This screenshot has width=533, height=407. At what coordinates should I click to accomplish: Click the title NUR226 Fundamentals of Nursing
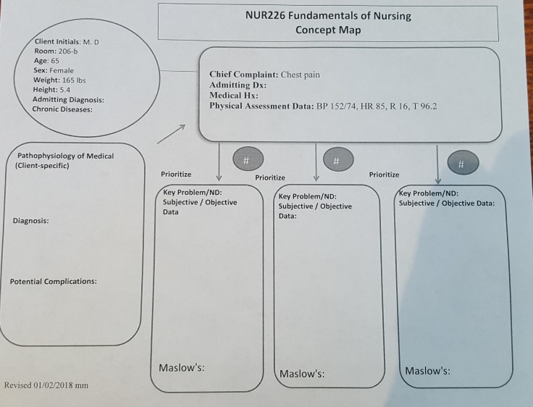pos(328,16)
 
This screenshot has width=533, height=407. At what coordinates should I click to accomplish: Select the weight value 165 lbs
pos(74,80)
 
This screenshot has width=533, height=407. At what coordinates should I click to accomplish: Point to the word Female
pos(62,71)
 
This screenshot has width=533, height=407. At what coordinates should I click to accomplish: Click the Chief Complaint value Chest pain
pos(300,75)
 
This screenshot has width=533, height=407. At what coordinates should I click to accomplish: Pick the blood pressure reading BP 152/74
pos(337,106)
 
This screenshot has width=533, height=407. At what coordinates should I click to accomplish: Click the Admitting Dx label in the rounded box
pos(238,85)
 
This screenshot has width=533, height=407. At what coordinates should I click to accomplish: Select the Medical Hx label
pos(234,95)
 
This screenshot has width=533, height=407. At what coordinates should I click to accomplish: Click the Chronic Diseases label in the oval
pos(62,109)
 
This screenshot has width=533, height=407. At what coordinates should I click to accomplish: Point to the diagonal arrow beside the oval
pos(172,134)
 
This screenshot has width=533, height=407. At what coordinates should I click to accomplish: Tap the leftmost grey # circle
pos(248,159)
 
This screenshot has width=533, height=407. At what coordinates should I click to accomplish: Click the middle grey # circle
pos(338,159)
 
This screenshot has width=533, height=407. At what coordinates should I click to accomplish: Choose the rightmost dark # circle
pos(463,162)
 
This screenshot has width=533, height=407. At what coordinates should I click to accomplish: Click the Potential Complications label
pos(54,282)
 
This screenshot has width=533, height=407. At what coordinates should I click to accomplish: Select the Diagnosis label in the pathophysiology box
pos(30,221)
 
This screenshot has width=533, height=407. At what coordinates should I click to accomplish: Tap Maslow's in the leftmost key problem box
pos(182,368)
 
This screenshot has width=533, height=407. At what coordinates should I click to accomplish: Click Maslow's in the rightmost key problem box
pos(427,371)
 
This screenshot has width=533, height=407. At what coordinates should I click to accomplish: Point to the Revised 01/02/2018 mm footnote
pos(46,385)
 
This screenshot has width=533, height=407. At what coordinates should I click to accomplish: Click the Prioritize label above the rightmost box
pos(384,175)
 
